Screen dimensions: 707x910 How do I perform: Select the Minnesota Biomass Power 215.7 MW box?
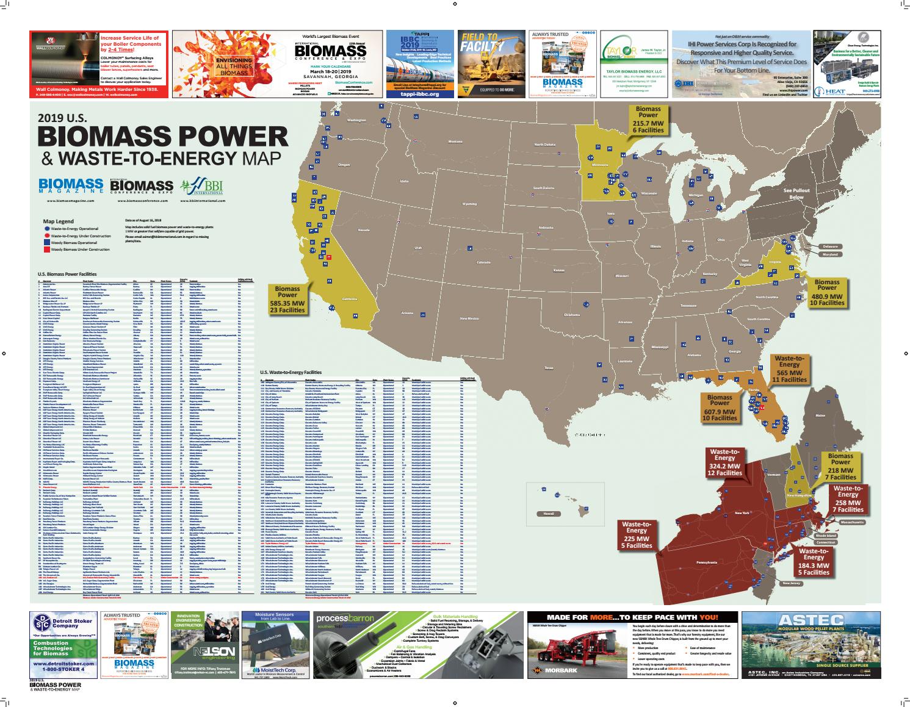tap(648, 119)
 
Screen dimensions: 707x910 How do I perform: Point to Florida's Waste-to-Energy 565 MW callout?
tap(789, 368)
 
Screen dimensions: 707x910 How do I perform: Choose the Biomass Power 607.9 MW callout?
tap(720, 407)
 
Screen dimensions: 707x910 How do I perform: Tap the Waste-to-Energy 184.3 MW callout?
tap(814, 562)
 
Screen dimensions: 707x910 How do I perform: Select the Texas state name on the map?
tap(548, 368)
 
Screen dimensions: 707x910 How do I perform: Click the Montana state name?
tap(455, 142)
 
